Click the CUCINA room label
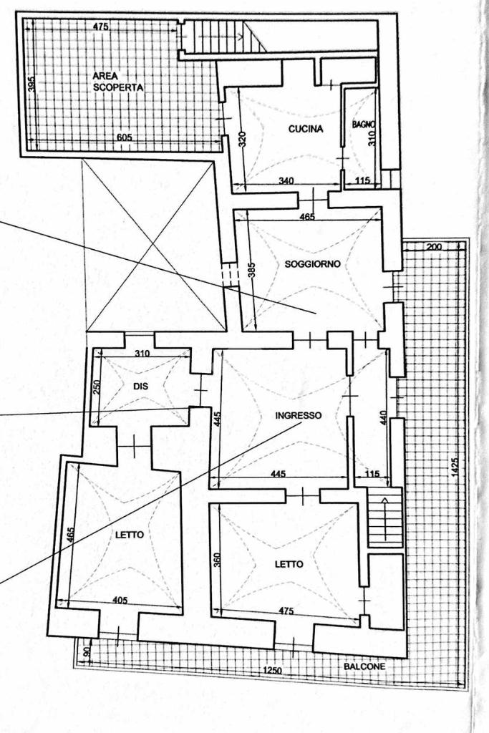tap(306, 129)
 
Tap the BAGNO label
tap(363, 125)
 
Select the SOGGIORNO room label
tap(312, 264)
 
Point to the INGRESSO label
tap(299, 415)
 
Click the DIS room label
tap(140, 387)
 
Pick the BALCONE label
tap(364, 666)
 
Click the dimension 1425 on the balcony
tap(455, 466)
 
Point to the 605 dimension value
tap(125, 137)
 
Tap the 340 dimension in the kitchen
tap(285, 181)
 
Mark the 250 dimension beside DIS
tap(97, 387)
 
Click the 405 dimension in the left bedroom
tap(120, 601)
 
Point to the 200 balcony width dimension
tap(434, 247)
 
